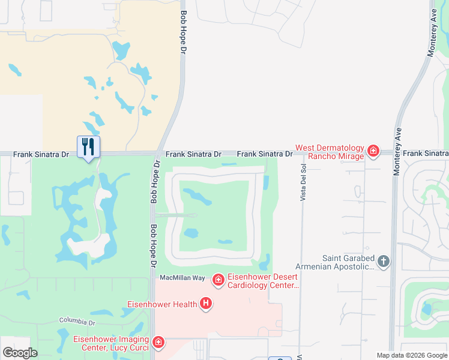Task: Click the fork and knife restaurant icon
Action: pos(88,146)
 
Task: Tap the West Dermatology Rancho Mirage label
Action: pos(330,152)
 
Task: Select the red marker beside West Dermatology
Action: pos(373,151)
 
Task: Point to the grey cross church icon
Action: pos(384,261)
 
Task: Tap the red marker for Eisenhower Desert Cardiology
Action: pos(217,279)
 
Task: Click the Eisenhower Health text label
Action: pos(162,304)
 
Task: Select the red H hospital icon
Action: pos(206,304)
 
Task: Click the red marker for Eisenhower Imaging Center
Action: pos(158,342)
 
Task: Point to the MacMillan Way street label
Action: pos(182,278)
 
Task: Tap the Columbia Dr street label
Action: pos(76,322)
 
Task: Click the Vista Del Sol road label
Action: pos(303,175)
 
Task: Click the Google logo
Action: pos(20,352)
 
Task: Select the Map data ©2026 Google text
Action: pos(412,355)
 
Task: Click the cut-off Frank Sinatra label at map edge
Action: pos(426,154)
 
